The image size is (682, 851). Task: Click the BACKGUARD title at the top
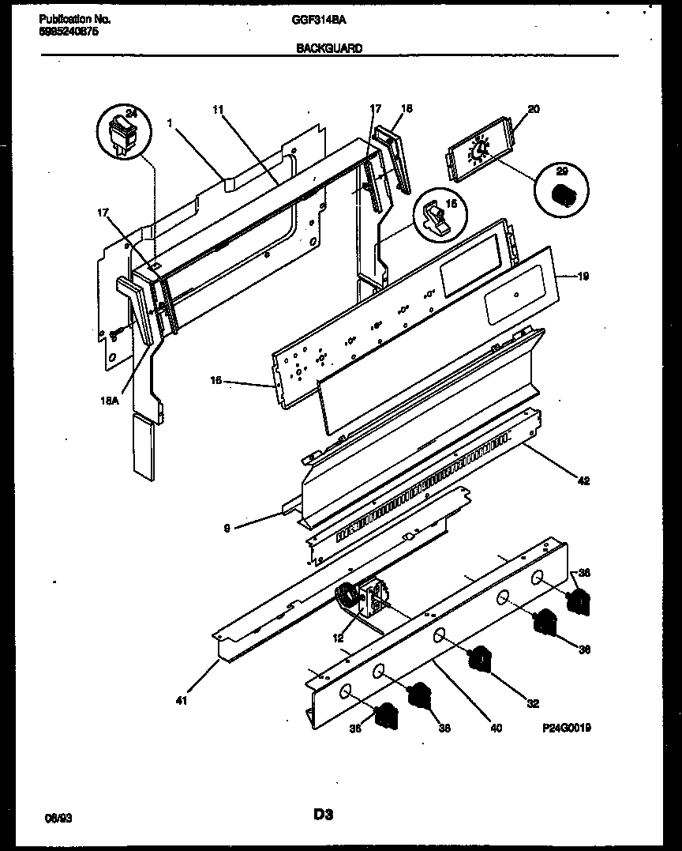point(329,48)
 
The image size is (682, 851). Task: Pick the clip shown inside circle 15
point(433,219)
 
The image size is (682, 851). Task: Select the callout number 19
point(583,277)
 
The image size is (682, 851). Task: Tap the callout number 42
point(583,480)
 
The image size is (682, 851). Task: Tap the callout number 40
point(496,729)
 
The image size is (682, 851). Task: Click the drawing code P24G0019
point(566,728)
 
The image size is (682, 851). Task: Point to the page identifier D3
point(322,814)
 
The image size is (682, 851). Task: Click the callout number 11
point(219,111)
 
